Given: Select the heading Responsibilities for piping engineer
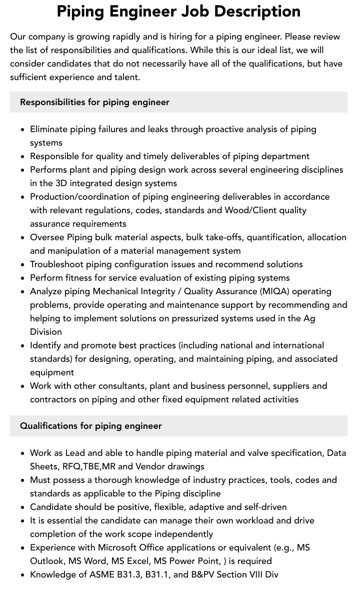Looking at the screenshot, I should coord(94,102).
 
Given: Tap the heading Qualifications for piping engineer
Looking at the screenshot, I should coord(90,426).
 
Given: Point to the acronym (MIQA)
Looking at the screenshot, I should coord(274,291).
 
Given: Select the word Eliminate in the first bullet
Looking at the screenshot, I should coord(48,129).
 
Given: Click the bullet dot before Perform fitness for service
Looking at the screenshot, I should coord(23,278).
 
